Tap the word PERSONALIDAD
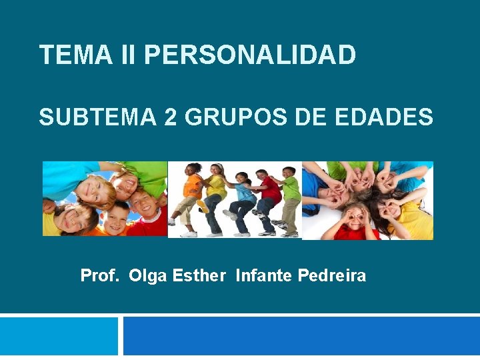click(x=250, y=55)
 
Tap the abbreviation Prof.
click(x=99, y=275)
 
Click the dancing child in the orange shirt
click(x=191, y=193)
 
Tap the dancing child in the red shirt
click(x=269, y=197)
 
